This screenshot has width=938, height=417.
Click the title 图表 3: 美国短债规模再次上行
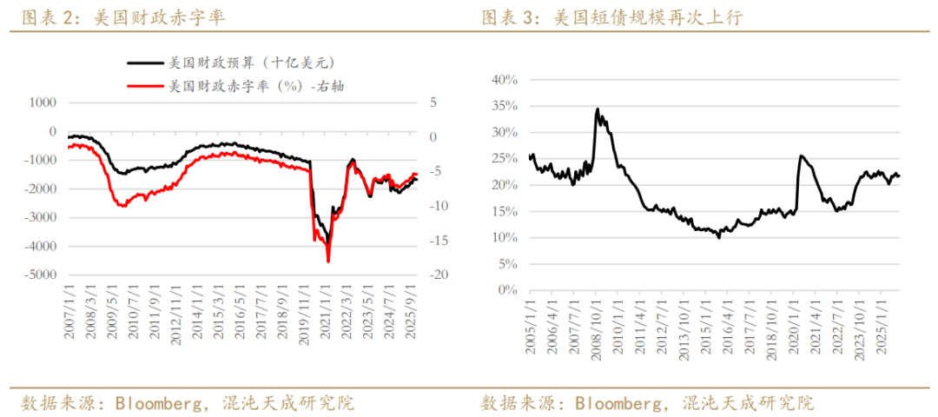(612, 17)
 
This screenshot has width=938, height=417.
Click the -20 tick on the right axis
(437, 275)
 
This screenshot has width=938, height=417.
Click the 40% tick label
(505, 80)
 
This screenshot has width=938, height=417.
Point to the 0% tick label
(508, 290)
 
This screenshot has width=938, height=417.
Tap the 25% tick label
(505, 159)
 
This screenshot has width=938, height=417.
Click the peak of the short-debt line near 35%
(598, 109)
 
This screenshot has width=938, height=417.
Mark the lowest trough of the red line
(328, 261)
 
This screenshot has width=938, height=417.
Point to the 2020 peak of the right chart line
(800, 156)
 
